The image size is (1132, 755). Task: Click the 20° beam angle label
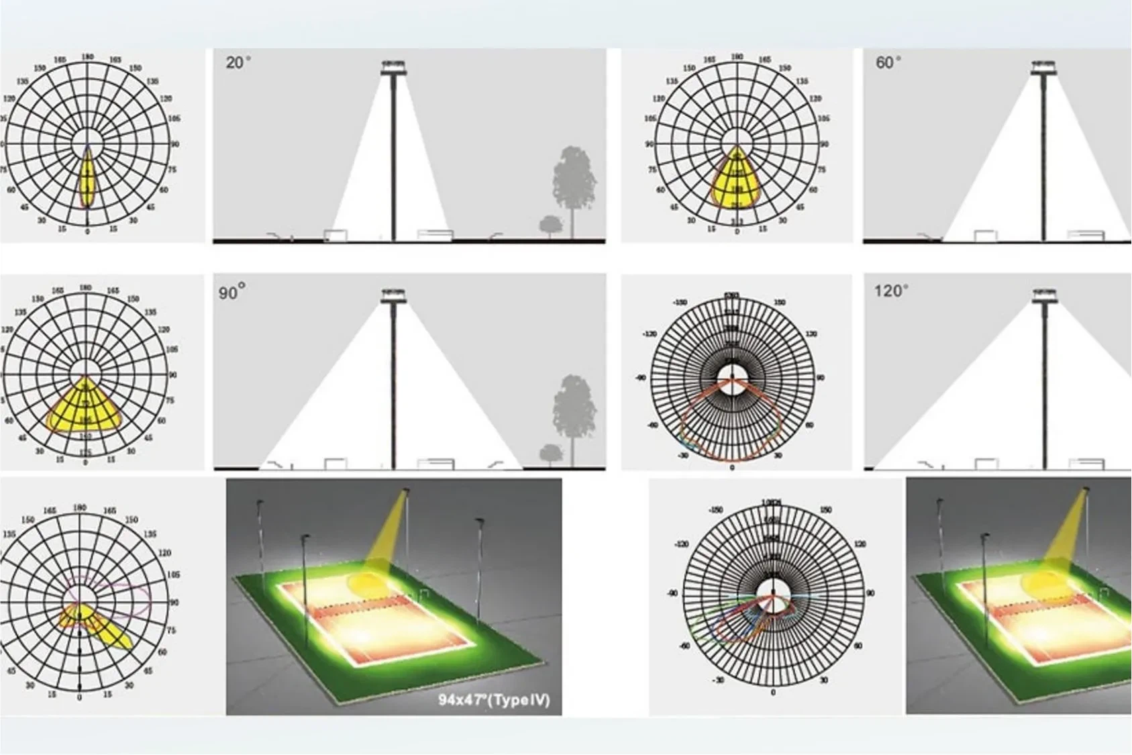pos(238,63)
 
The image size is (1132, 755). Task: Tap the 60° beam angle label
pos(888,62)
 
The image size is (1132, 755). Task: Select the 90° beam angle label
pos(231,293)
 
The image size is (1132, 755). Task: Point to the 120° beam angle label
pos(891,291)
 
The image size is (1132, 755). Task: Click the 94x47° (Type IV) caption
pos(494,700)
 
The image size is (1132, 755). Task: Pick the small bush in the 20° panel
pos(551,225)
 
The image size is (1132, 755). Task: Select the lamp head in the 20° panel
pos(393,67)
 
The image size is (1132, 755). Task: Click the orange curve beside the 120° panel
pos(731,430)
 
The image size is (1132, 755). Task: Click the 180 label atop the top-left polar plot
pos(87,57)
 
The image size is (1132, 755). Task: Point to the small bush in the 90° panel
pos(551,453)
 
